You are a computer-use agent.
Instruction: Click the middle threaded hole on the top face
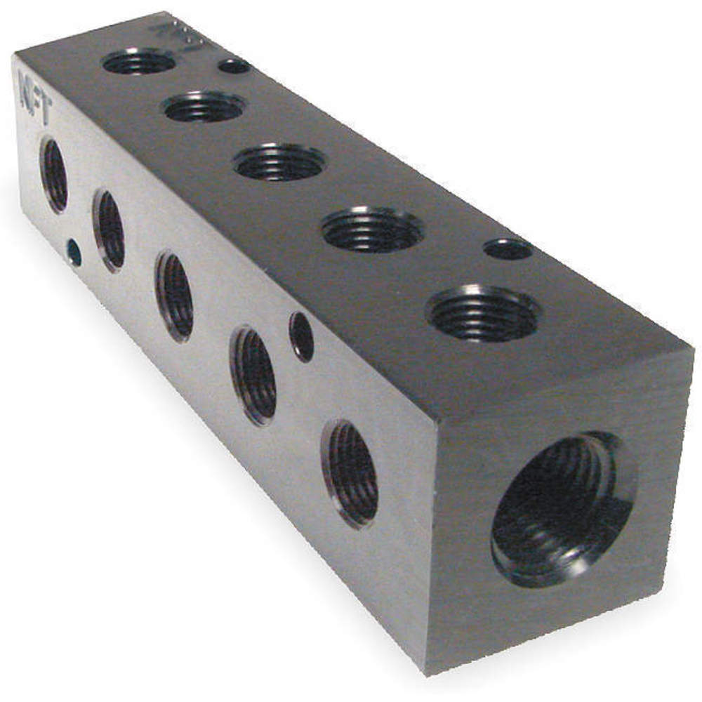(x=279, y=161)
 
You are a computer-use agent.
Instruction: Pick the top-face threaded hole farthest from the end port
(x=138, y=62)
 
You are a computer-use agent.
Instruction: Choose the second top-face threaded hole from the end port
(x=372, y=229)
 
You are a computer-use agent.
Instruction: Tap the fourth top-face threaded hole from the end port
(x=203, y=107)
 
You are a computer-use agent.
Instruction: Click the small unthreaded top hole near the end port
(x=508, y=249)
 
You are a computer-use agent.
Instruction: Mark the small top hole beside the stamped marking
(x=234, y=66)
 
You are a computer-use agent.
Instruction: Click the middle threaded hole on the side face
(x=174, y=296)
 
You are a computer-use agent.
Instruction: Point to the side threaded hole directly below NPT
(x=54, y=175)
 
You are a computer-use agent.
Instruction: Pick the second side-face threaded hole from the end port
(x=253, y=375)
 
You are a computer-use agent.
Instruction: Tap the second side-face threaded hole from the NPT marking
(x=109, y=229)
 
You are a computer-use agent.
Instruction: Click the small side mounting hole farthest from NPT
(x=301, y=337)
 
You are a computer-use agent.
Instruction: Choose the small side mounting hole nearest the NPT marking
(x=73, y=252)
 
